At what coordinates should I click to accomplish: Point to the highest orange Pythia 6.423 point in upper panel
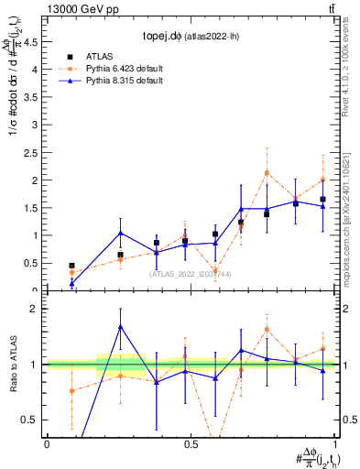point(267,172)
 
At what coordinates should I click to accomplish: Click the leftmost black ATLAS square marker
point(72,266)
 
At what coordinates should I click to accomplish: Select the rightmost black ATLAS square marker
point(322,199)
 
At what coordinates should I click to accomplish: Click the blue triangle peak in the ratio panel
point(121,326)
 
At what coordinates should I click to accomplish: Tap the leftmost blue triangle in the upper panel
point(72,283)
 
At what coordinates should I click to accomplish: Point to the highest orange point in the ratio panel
point(267,329)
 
